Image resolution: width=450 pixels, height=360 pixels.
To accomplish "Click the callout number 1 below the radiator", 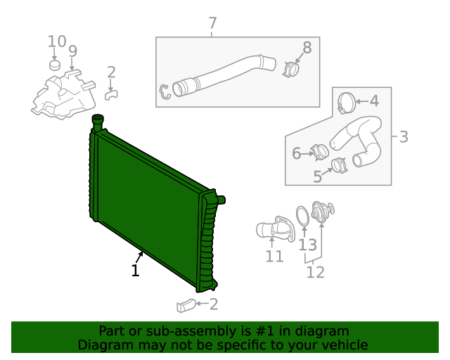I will (135, 270).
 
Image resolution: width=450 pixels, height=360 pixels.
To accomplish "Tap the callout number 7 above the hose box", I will (213, 25).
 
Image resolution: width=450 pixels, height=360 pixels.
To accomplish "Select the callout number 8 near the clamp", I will (307, 48).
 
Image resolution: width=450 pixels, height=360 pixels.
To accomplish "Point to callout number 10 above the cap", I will (57, 41).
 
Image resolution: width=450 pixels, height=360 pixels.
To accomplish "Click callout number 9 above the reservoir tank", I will (72, 51).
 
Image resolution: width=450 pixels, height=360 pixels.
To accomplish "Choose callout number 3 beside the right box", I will (404, 136).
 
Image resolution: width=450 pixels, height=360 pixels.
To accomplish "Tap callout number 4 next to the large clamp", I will (374, 101).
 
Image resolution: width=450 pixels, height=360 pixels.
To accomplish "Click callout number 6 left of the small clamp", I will (296, 153).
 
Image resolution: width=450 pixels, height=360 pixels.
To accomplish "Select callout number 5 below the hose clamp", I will (318, 176).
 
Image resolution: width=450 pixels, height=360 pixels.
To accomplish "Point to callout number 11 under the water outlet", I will (274, 257).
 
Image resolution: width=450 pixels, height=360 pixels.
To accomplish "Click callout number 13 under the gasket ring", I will (308, 245).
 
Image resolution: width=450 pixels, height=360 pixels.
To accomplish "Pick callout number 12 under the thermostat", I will (316, 272).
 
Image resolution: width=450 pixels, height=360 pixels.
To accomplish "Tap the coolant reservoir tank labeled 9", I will (62, 95).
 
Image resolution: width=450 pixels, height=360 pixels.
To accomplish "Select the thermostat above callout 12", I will (323, 212).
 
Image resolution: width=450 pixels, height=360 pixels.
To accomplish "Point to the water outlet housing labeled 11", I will (271, 228).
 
